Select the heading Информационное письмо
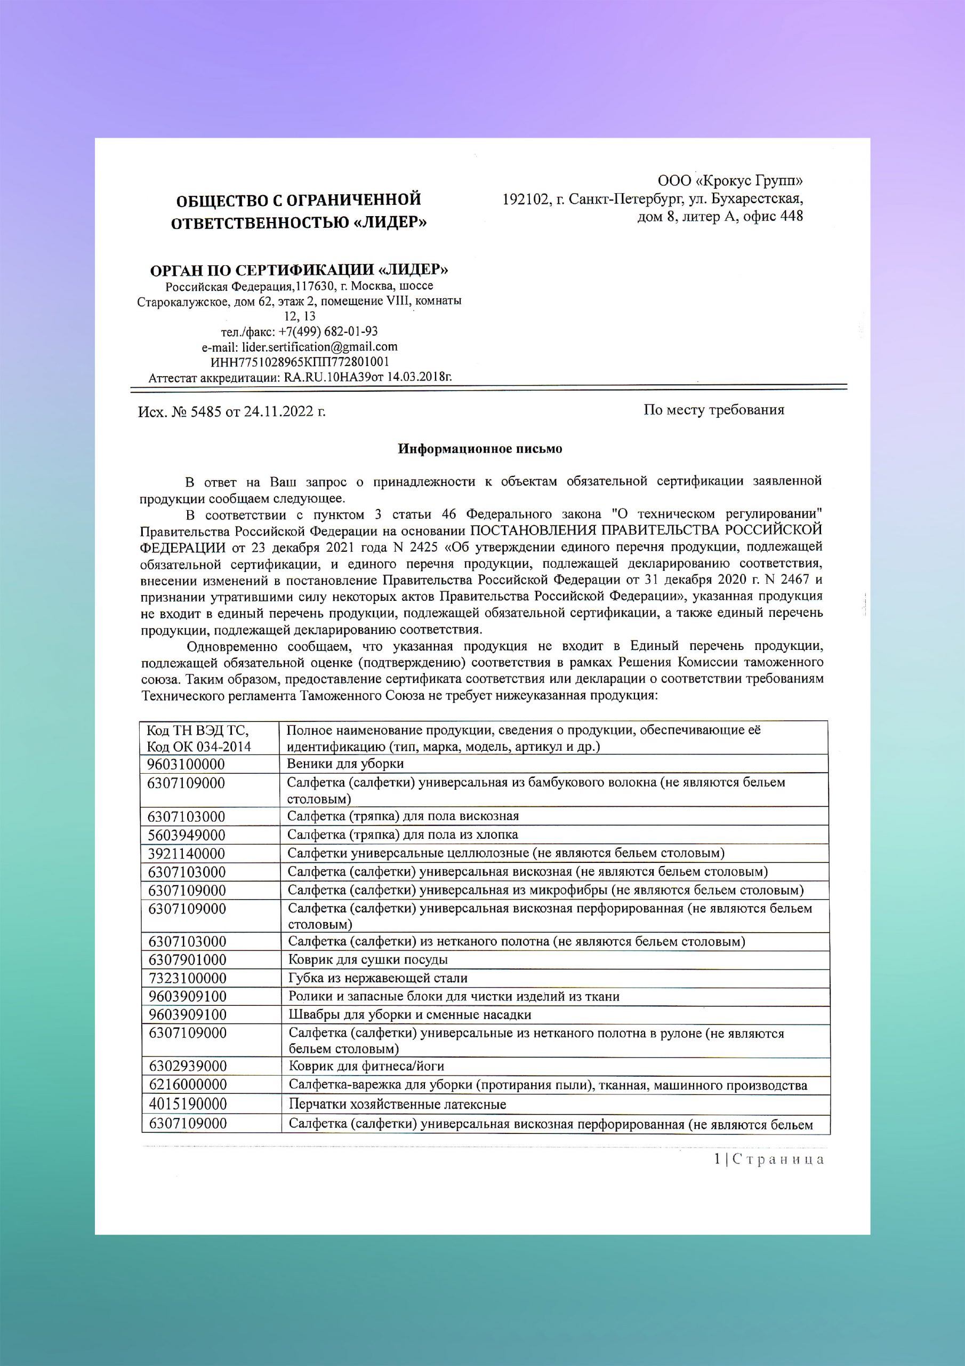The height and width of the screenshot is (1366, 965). tap(480, 449)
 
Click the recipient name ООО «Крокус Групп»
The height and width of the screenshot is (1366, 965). tap(729, 181)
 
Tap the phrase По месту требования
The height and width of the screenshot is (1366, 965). tap(713, 409)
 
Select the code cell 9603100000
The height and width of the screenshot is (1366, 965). tap(186, 764)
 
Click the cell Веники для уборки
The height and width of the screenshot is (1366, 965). tap(345, 764)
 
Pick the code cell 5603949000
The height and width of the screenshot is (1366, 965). tap(187, 835)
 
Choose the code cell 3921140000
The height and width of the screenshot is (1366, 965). tap(187, 854)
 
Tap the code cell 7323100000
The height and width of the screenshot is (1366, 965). tap(187, 978)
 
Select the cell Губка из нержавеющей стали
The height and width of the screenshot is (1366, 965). tap(377, 978)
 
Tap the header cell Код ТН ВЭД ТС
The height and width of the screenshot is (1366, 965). tap(198, 730)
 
